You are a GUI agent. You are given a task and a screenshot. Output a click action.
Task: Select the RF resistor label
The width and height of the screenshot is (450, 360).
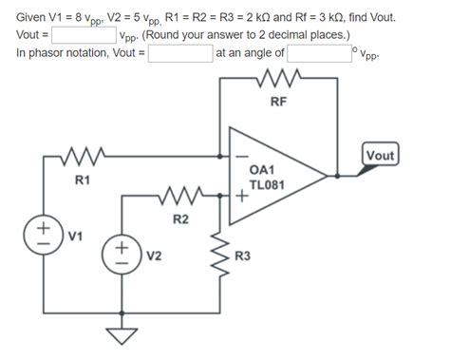point(277,102)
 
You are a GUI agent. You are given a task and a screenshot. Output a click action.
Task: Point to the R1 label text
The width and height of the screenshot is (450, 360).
point(83,180)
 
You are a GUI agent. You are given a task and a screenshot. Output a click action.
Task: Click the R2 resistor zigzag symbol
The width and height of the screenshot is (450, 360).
point(180,197)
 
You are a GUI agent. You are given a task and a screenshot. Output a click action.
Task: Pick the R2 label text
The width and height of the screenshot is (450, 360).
point(179,219)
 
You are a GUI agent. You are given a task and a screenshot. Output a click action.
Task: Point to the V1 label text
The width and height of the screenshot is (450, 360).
point(75,235)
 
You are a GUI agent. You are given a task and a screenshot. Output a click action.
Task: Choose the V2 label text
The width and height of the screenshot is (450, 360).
point(153,256)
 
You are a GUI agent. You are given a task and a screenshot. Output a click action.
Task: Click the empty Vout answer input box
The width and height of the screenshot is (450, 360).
point(84,36)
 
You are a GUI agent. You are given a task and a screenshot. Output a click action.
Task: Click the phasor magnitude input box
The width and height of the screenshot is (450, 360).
point(179,53)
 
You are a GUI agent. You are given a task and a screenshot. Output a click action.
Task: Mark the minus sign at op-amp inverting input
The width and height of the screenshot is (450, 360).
point(243,158)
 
